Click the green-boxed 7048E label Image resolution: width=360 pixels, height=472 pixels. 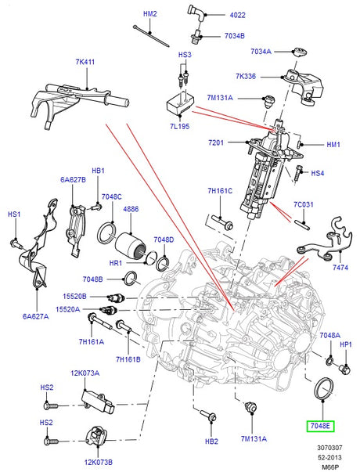[320, 426]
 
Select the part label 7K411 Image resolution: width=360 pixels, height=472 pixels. [85, 62]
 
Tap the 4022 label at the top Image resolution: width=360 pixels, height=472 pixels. [237, 15]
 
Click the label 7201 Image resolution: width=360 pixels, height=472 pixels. [216, 142]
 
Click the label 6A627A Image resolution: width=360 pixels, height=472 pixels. [35, 316]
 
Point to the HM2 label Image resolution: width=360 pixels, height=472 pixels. [150, 14]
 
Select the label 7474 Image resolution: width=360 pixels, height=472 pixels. [340, 267]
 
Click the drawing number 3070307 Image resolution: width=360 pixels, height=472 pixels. [329, 448]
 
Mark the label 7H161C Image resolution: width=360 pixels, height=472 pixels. [220, 191]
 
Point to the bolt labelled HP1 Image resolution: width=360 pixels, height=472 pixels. [345, 369]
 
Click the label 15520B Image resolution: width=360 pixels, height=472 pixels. [74, 296]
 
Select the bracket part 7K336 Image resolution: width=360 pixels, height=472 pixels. [304, 86]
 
